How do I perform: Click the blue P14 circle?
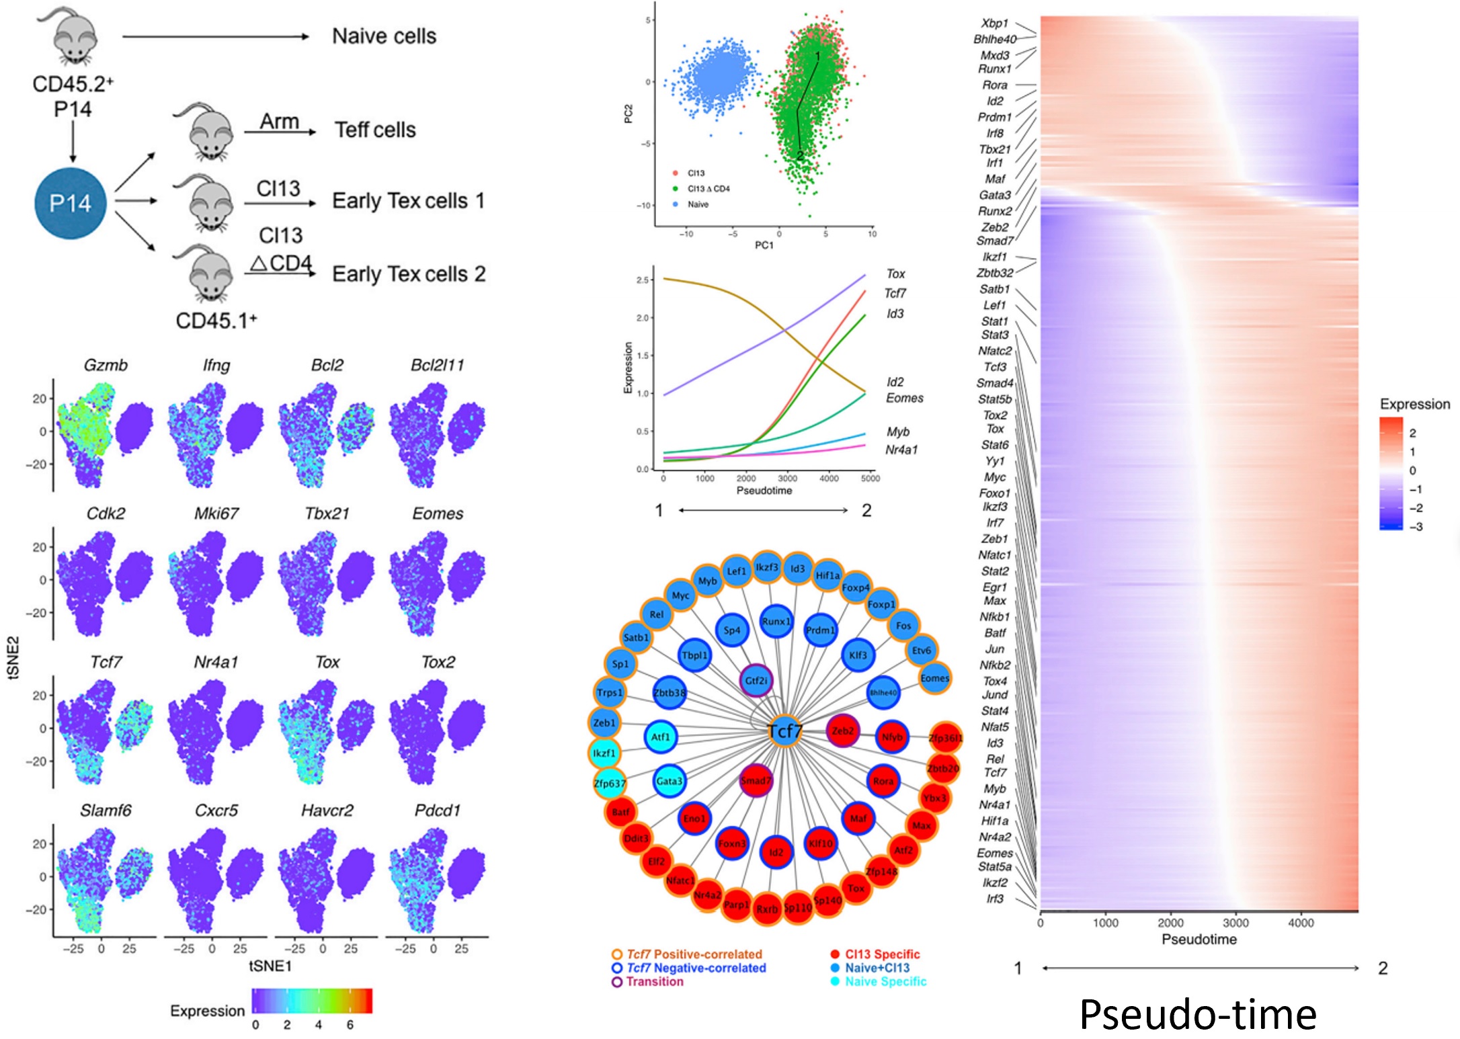(71, 203)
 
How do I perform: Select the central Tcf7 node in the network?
(784, 731)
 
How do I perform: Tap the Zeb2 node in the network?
(843, 731)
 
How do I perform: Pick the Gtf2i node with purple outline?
(756, 681)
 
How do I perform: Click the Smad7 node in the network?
(756, 781)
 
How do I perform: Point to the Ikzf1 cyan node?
(604, 753)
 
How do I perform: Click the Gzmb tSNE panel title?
(106, 365)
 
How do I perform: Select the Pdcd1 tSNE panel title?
(438, 811)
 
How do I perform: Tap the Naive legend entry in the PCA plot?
(697, 204)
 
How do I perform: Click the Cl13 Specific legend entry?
(882, 954)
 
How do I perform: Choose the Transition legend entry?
(654, 982)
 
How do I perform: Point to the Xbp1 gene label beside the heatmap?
(995, 24)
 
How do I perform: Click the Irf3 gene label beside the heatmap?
(995, 899)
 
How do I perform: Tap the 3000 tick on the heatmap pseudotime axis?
(1235, 923)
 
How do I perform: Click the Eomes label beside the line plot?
(904, 398)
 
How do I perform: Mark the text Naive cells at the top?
(384, 36)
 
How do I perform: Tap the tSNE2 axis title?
(14, 657)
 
